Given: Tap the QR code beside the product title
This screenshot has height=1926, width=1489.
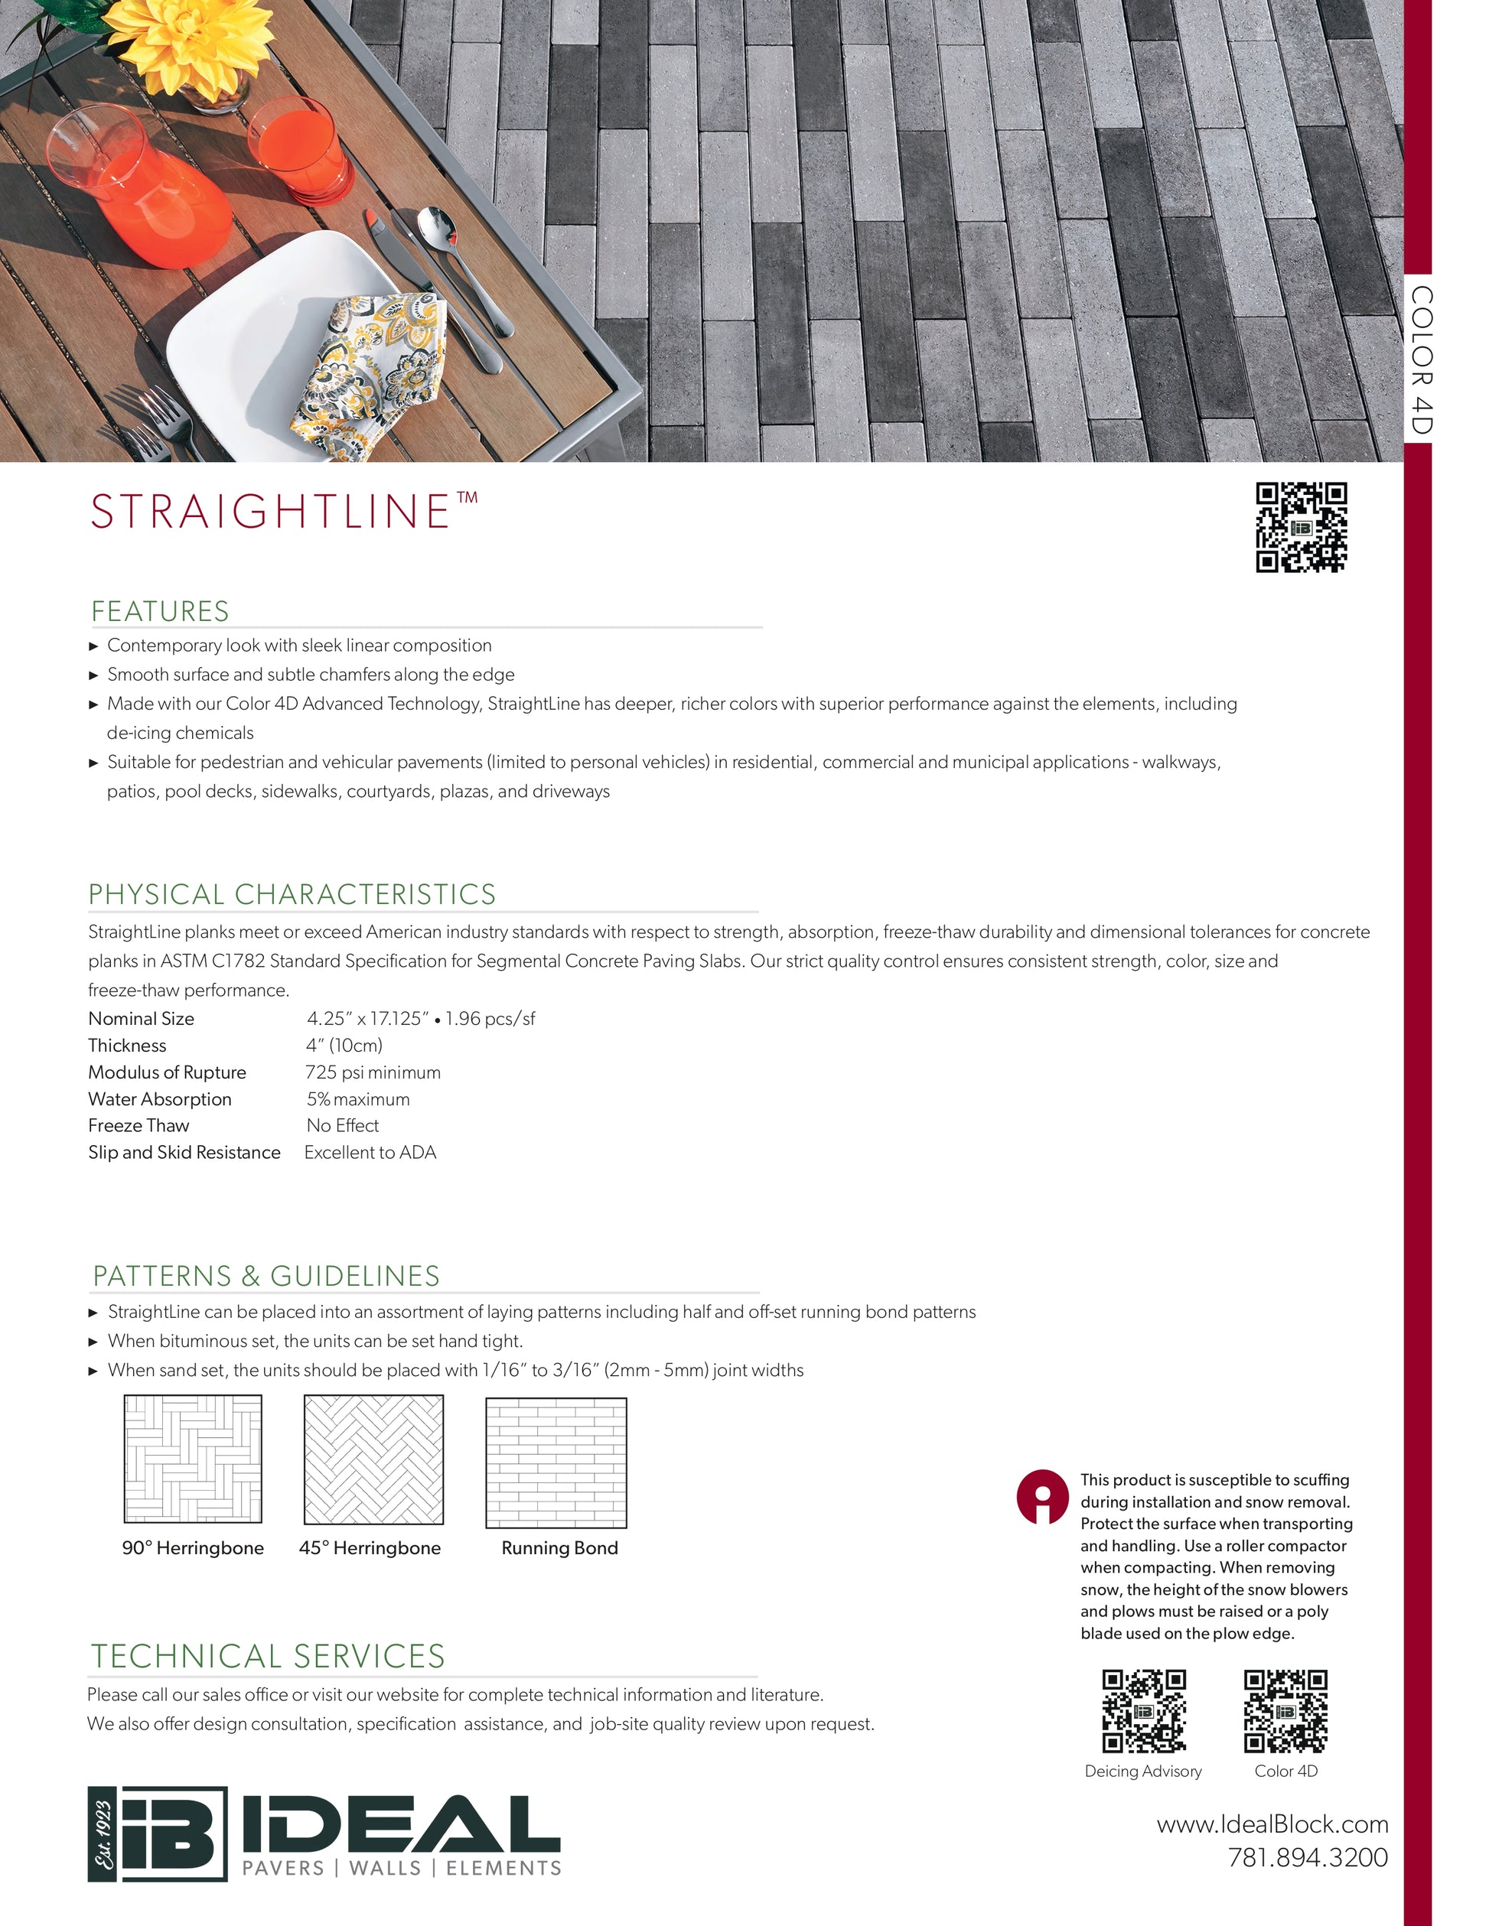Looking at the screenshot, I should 1301,527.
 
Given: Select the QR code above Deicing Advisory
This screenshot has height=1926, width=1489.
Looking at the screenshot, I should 1143,1711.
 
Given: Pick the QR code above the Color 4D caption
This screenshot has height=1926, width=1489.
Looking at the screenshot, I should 1285,1711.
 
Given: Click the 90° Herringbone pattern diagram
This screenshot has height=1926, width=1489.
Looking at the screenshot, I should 193,1459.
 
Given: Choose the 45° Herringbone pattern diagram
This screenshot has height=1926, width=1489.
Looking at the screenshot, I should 374,1459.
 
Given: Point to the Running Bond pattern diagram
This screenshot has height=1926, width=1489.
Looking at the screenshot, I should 556,1462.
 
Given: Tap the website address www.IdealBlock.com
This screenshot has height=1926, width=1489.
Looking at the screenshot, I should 1272,1824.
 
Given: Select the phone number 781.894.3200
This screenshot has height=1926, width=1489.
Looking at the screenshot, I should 1308,1857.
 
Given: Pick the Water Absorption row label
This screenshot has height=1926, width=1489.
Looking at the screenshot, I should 160,1099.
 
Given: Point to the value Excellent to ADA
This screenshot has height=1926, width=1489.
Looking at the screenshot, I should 370,1153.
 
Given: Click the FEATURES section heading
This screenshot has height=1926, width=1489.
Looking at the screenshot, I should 160,611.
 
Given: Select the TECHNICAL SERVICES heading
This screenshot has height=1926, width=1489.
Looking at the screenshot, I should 268,1656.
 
